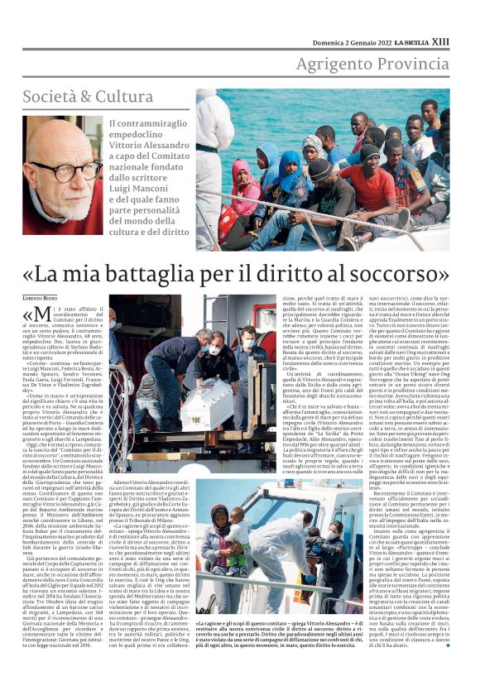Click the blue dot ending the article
[x=447, y=645]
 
